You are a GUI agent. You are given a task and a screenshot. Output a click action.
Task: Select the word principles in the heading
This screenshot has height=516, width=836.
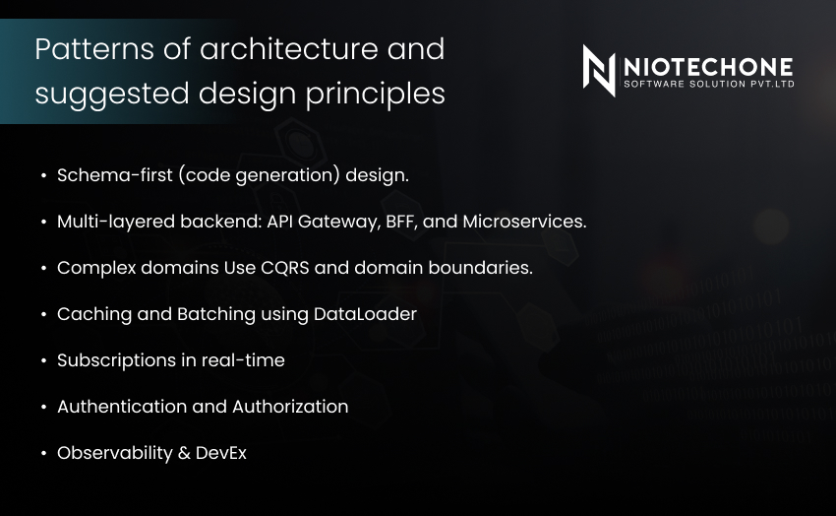[x=376, y=95]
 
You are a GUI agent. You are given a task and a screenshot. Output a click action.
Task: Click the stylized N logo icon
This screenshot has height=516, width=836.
[x=599, y=71]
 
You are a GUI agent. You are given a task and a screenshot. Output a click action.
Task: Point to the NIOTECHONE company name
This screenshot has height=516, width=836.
[x=708, y=67]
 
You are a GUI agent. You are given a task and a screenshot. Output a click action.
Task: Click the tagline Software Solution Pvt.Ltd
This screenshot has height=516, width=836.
[x=709, y=84]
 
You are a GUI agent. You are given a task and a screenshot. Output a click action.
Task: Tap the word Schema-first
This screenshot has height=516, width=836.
[x=115, y=175]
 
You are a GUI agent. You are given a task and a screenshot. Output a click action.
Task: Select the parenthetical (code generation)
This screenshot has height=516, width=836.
[x=259, y=175]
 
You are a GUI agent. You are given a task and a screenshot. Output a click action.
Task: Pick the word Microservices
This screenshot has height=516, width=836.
[x=524, y=222]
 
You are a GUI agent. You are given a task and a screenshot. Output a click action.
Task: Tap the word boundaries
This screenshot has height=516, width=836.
[x=480, y=267]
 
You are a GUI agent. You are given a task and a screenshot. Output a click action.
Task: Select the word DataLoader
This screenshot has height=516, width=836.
[x=365, y=314]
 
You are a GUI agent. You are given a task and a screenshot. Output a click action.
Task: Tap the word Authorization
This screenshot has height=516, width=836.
[x=290, y=407]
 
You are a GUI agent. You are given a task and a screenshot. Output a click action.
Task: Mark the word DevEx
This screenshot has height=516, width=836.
[x=221, y=453]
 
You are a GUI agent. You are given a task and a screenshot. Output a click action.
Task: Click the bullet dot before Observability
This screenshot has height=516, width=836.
[x=43, y=454]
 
